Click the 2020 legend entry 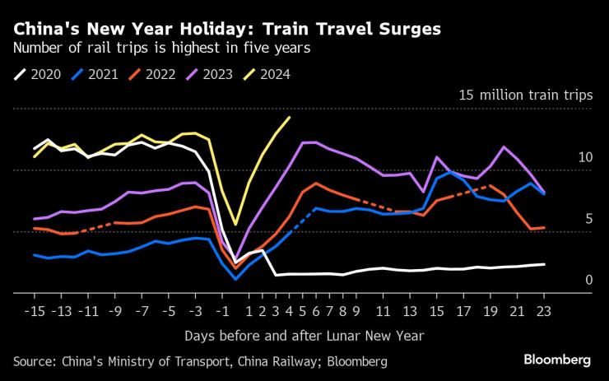38,74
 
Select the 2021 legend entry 96,74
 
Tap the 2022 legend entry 155,74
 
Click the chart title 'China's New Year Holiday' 226,29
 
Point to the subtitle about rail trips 161,48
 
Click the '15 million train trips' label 525,95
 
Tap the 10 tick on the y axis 584,157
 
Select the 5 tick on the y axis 588,219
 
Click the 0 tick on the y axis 588,281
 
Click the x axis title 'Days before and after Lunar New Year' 304,336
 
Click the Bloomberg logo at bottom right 557,360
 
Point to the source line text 200,361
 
